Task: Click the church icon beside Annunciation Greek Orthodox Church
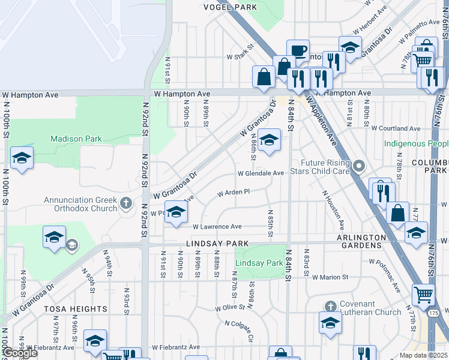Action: (126, 202)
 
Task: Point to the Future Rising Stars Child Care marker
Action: (359, 166)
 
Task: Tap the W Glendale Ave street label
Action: (261, 173)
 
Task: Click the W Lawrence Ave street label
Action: (217, 227)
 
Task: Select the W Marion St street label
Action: (330, 277)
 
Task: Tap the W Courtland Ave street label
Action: (396, 128)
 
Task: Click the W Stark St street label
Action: (241, 57)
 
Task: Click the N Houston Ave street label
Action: (333, 210)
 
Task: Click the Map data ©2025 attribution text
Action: (423, 355)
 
